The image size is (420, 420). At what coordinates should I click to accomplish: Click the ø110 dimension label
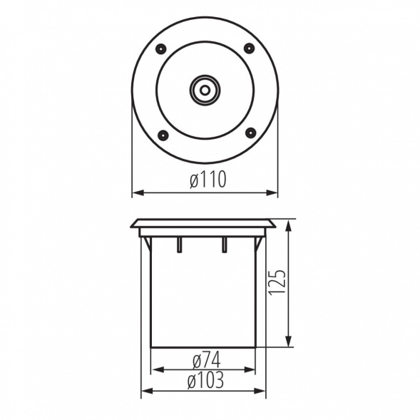(208, 180)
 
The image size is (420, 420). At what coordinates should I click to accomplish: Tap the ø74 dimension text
(207, 360)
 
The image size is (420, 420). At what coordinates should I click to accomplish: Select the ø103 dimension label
(205, 380)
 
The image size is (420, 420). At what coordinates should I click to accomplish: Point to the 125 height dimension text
(277, 283)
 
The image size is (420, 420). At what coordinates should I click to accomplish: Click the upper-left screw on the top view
(160, 49)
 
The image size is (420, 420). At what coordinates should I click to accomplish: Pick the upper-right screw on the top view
(249, 48)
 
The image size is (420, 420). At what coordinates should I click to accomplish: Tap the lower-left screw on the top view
(163, 135)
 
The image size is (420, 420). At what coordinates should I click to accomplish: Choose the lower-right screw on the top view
(251, 133)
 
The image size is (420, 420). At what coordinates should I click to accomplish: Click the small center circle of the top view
(205, 91)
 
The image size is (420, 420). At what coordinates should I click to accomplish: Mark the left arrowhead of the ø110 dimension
(138, 193)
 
